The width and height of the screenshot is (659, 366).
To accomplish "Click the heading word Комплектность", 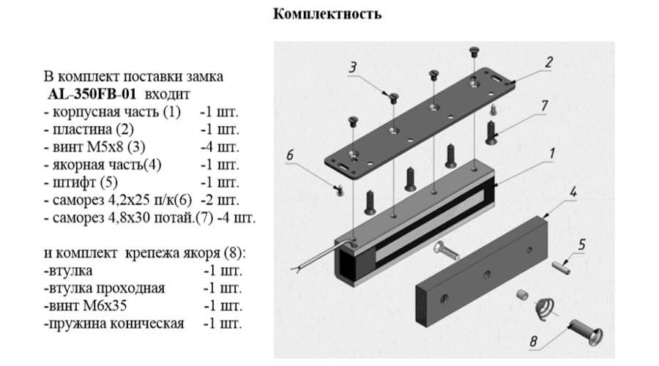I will (x=327, y=14).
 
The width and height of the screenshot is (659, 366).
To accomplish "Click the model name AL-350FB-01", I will (x=93, y=94).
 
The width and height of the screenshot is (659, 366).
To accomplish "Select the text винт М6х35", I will (x=80, y=305).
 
